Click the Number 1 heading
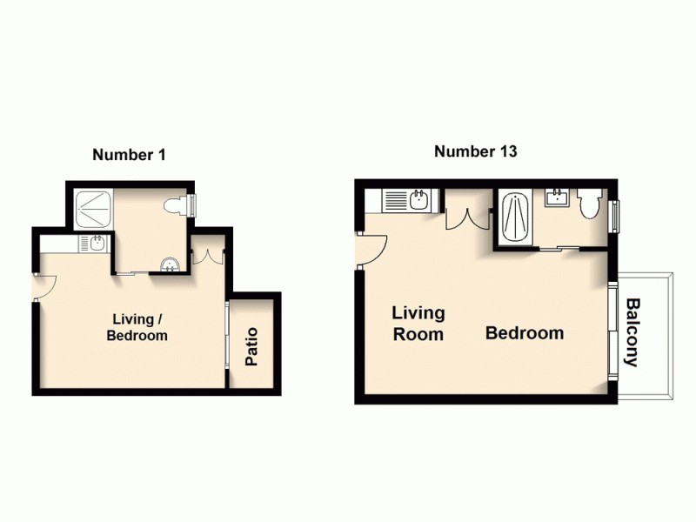(x=129, y=155)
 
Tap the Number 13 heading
(x=476, y=151)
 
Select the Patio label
(x=252, y=345)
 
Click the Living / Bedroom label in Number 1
(x=137, y=327)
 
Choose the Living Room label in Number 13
(x=418, y=323)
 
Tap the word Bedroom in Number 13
(x=525, y=333)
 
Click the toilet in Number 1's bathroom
(x=180, y=205)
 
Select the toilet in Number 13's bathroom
(x=587, y=204)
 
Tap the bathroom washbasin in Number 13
(x=556, y=198)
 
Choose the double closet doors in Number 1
(x=210, y=258)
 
